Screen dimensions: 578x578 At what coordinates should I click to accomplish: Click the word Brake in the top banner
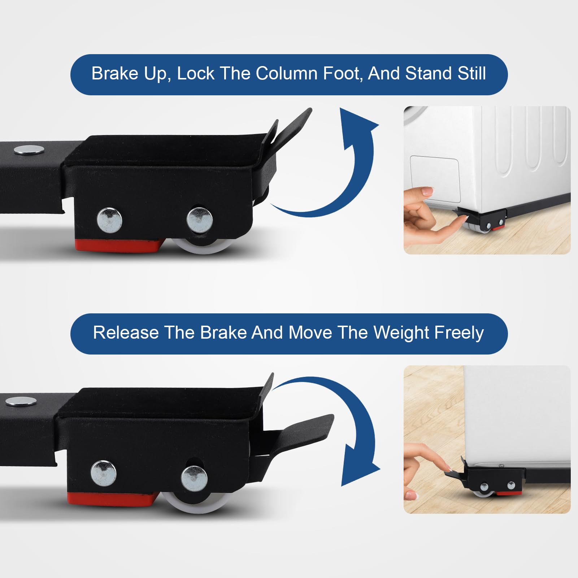pyautogui.click(x=114, y=74)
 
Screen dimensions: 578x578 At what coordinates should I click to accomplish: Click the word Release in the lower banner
pyautogui.click(x=126, y=333)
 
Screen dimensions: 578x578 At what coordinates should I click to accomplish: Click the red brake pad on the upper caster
pyautogui.click(x=119, y=245)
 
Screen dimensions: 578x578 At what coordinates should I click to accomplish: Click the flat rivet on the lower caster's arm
pyautogui.click(x=21, y=401)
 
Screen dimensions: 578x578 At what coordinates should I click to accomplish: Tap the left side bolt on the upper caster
pyautogui.click(x=109, y=220)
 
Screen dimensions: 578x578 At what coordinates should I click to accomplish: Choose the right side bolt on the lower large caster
pyautogui.click(x=194, y=477)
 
